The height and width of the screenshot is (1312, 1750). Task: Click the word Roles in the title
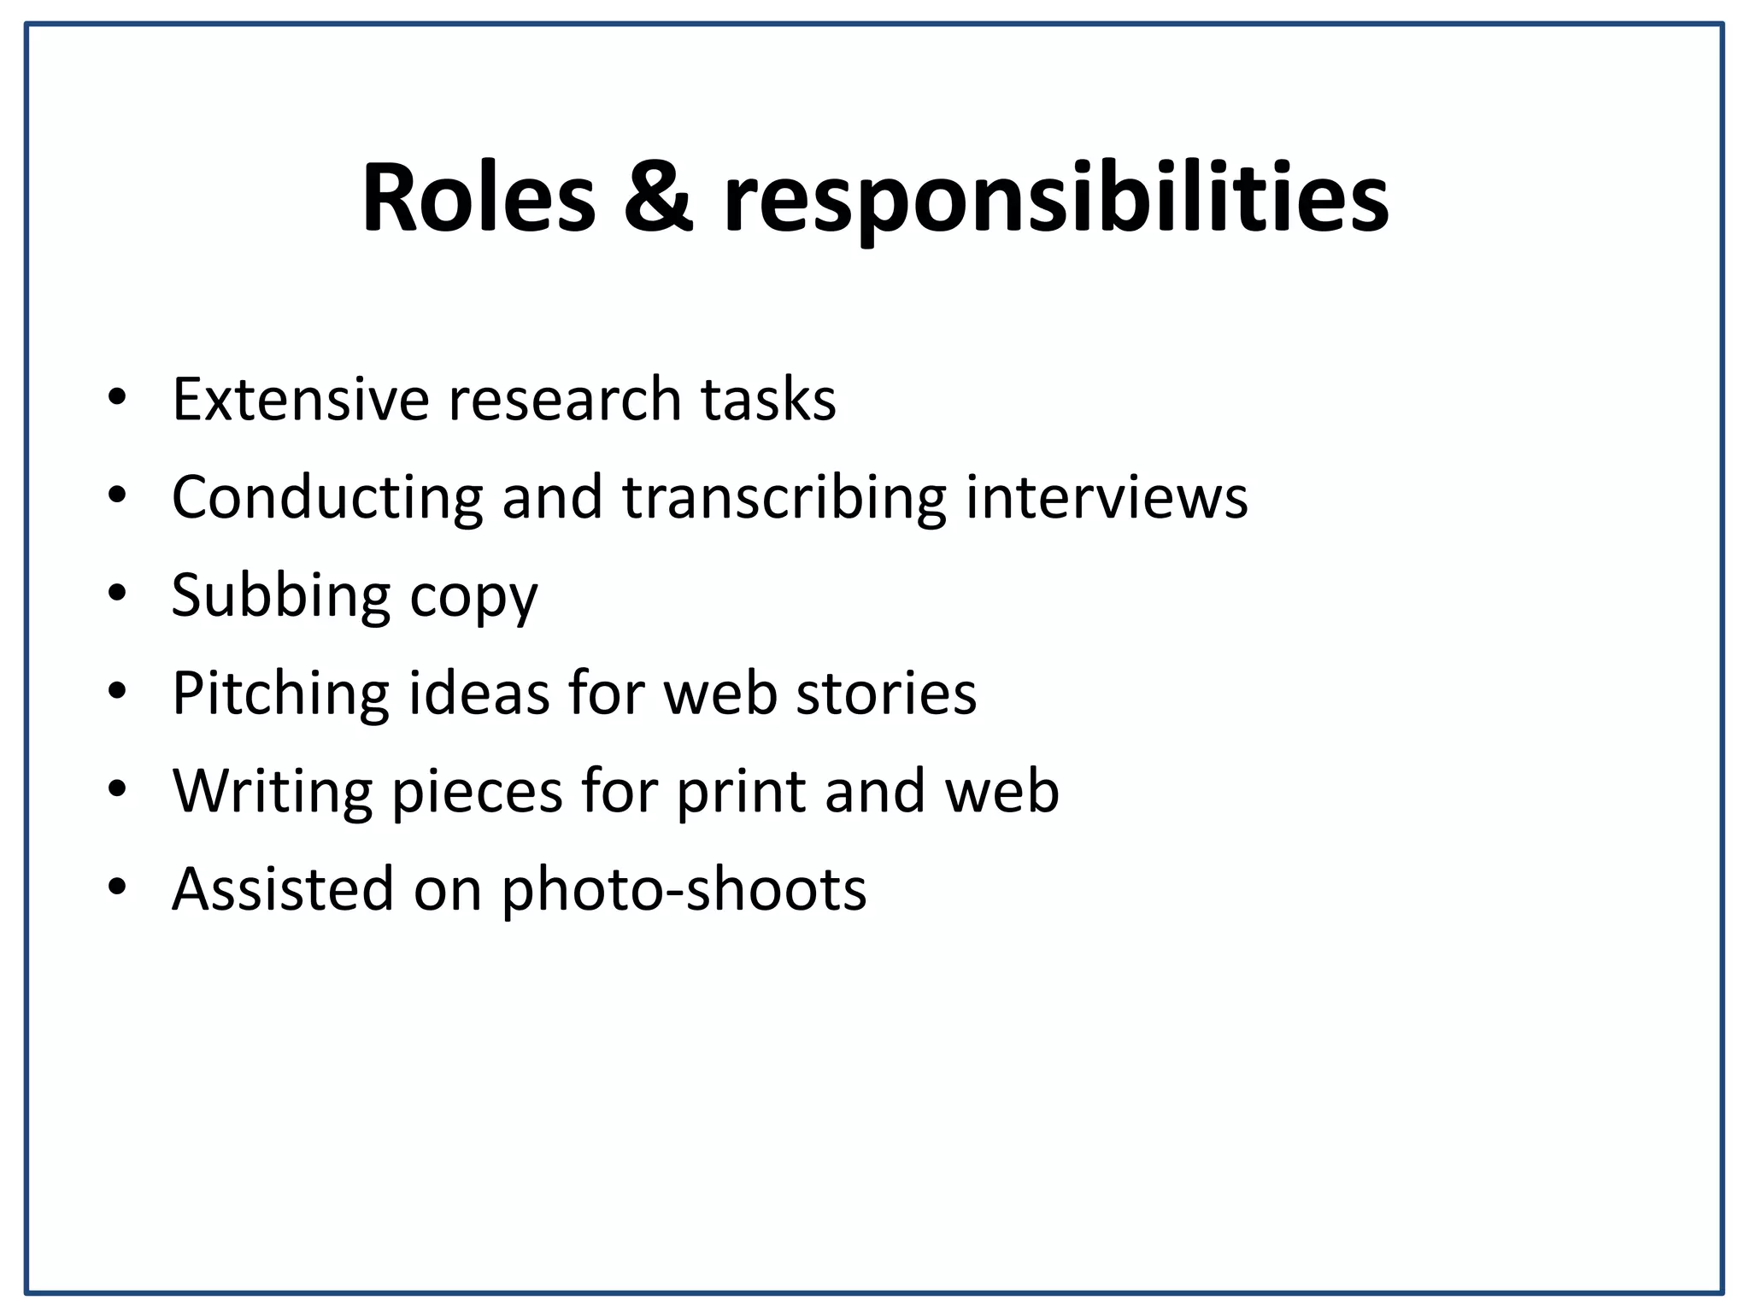click(x=479, y=199)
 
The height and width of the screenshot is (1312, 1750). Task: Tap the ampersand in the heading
click(x=658, y=199)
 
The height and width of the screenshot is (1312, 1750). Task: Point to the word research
click(x=565, y=399)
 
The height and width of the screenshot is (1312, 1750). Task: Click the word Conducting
click(x=327, y=497)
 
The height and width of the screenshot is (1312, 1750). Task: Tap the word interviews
click(x=1107, y=497)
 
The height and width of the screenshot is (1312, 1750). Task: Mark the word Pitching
click(x=280, y=694)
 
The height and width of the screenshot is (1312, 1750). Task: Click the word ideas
click(x=479, y=693)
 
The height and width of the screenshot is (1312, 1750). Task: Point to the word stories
click(x=886, y=693)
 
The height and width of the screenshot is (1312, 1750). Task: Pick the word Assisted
click(x=283, y=889)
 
